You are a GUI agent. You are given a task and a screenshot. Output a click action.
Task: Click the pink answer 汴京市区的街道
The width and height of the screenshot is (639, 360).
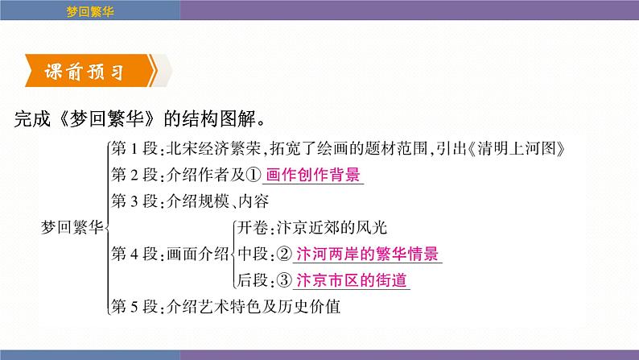pos(352,280)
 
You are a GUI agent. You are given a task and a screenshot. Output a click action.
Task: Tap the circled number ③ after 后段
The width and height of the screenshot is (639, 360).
pos(285,280)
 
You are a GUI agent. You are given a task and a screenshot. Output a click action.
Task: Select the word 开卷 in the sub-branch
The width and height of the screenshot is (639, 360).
pos(249,228)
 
